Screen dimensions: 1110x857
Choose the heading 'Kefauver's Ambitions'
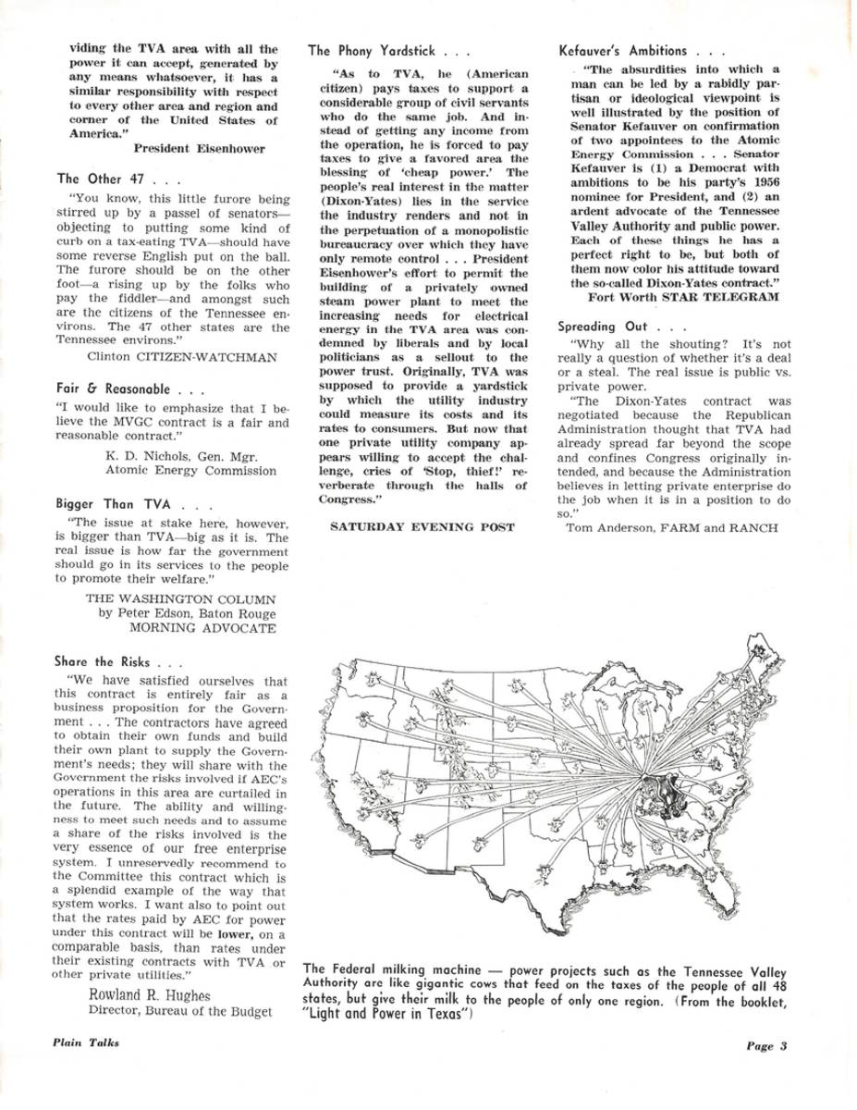624,50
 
